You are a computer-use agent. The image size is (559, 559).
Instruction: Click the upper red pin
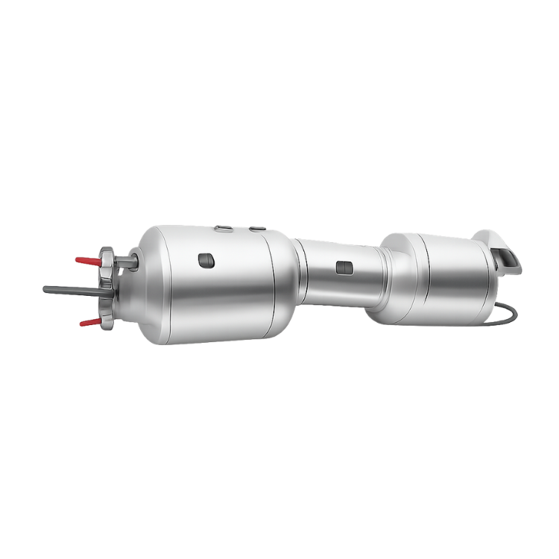click(86, 260)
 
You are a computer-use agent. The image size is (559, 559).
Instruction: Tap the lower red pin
click(87, 322)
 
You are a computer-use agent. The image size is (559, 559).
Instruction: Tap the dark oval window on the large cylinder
click(206, 259)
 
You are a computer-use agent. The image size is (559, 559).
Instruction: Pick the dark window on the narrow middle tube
click(344, 266)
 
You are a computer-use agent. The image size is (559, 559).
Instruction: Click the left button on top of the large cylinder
click(223, 229)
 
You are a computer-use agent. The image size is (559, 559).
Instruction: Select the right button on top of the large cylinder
click(258, 229)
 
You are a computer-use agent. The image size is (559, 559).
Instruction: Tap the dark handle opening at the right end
click(507, 259)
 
